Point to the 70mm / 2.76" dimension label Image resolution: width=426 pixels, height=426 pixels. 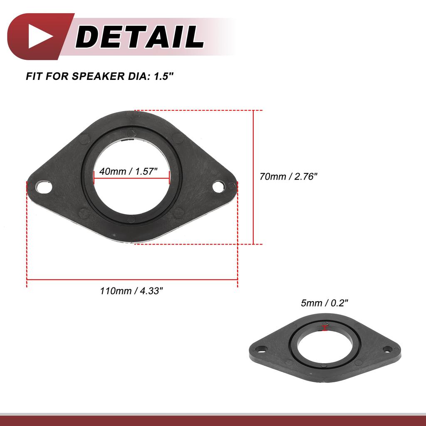(x=288, y=176)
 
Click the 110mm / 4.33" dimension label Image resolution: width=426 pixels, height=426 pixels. (x=131, y=291)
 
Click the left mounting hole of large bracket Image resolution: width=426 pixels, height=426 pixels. (x=43, y=187)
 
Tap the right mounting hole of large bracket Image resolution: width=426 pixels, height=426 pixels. (x=220, y=186)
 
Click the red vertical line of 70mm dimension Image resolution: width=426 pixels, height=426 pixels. (x=253, y=177)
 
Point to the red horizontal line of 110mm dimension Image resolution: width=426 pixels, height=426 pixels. (x=132, y=280)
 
